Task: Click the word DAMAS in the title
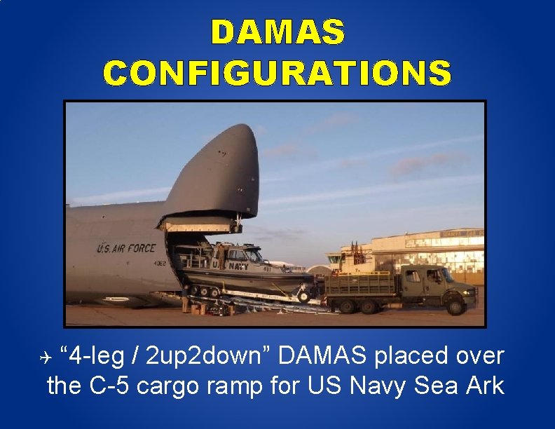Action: [277, 32]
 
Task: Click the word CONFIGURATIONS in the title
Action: [277, 73]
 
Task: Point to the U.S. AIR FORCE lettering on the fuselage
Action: [126, 248]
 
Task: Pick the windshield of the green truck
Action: [448, 275]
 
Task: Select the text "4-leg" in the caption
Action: [94, 356]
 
